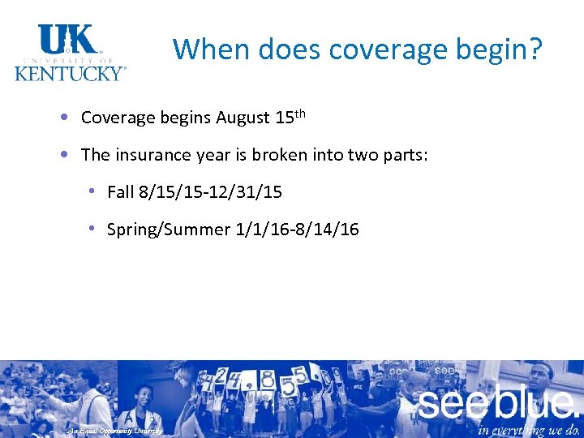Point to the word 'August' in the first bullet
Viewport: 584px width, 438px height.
coord(243,118)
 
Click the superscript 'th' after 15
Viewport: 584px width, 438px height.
coord(300,113)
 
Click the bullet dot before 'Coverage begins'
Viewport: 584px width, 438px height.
coord(63,117)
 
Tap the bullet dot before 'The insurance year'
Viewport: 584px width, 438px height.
coord(63,154)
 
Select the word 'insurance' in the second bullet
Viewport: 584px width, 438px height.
coord(146,154)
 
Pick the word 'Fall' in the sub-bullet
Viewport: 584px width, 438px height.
coord(121,192)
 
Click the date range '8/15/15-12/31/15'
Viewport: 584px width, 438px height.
coord(211,192)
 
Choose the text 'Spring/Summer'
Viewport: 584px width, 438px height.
coord(169,230)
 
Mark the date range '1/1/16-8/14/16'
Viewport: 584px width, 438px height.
coord(297,230)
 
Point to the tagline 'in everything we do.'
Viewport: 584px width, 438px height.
coord(529,428)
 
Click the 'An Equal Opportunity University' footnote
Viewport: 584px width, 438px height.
coord(114,431)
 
